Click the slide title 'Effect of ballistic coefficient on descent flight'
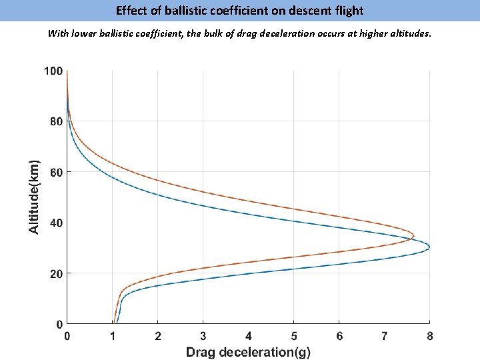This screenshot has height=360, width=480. pos(239,11)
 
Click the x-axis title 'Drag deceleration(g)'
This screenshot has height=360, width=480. pos(248,352)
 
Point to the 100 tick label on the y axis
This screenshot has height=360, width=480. pos(53,71)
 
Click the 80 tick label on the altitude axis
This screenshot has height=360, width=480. pos(56,122)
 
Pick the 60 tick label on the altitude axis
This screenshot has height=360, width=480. pos(56,173)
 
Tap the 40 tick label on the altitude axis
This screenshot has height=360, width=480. pos(56,223)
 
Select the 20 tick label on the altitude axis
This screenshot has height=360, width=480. pos(56,274)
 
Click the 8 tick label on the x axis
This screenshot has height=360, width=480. pos(430,337)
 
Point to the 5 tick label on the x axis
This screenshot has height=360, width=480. pos(294,337)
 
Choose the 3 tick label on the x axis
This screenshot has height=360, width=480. pos(203,337)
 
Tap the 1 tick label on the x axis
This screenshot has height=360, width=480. pos(113,337)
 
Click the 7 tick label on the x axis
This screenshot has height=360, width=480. pos(385,337)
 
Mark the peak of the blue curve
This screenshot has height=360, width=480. pos(429,247)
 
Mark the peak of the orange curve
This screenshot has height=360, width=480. pos(413,236)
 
